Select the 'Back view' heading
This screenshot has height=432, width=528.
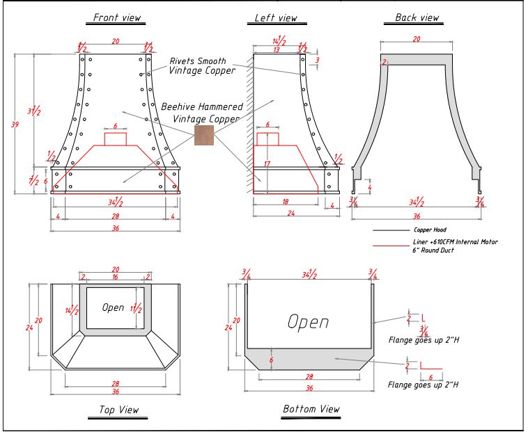[417, 17]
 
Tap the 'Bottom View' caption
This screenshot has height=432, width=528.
[311, 409]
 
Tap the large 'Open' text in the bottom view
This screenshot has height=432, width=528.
[309, 322]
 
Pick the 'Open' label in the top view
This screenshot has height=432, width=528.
[113, 307]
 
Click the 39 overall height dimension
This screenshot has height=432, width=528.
[15, 124]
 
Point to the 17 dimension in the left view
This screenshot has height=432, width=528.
[266, 165]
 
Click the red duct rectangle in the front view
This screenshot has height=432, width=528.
[115, 139]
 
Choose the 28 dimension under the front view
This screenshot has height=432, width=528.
[115, 218]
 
